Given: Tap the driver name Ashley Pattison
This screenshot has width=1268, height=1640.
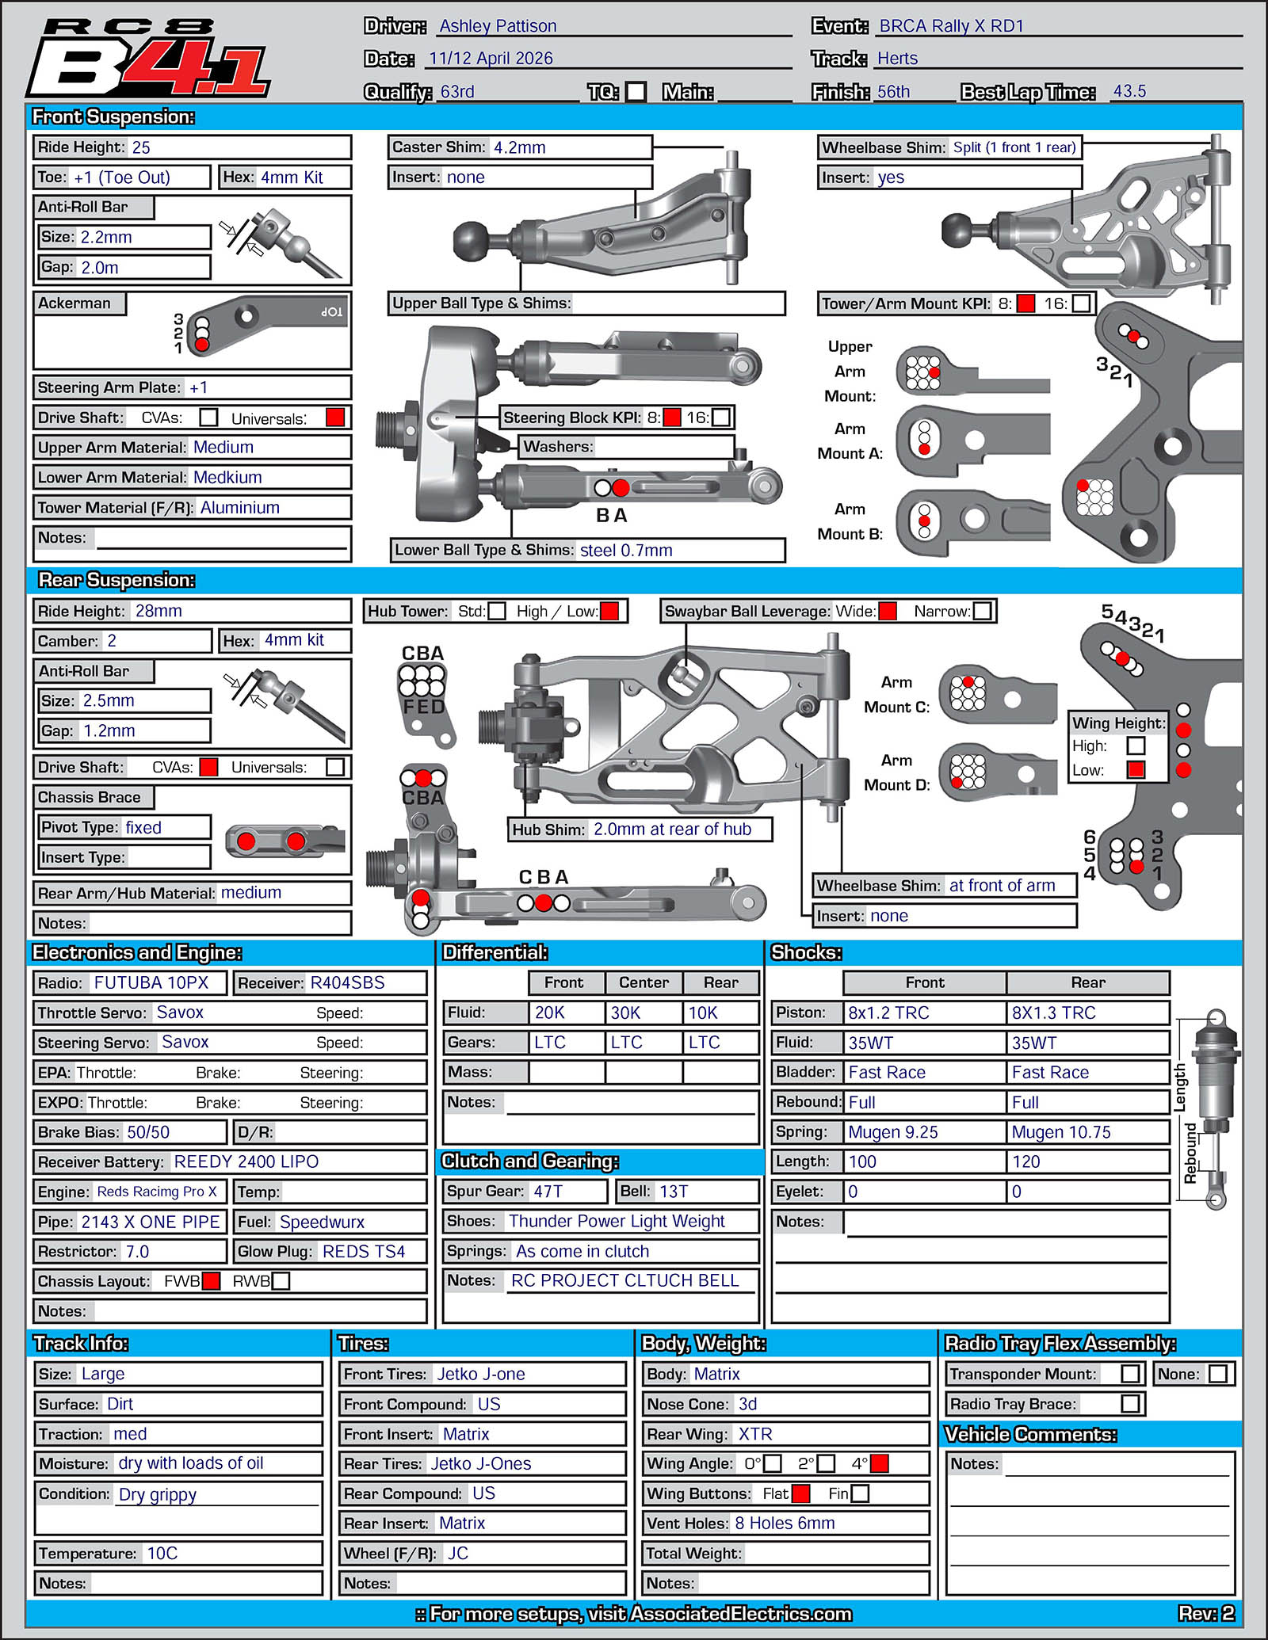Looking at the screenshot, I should (x=498, y=26).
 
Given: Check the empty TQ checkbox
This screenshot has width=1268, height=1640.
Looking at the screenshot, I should (x=636, y=92).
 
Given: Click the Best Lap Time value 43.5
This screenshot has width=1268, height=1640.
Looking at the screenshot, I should (x=1129, y=91).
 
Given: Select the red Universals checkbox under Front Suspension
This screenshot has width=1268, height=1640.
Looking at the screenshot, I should (x=335, y=418).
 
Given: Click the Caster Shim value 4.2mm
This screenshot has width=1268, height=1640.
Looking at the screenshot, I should (x=519, y=147).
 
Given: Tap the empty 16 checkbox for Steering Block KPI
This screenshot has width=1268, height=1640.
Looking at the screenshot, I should (x=721, y=417).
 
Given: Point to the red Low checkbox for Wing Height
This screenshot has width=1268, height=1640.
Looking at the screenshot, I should (x=1136, y=769).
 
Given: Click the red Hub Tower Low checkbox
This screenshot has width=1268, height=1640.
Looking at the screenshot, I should (x=609, y=611).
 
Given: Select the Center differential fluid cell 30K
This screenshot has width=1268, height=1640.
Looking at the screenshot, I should (x=625, y=1013).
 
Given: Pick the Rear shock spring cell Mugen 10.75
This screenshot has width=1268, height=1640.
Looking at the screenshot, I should (x=1061, y=1132).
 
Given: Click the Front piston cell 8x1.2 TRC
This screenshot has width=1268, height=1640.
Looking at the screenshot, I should (x=888, y=1013).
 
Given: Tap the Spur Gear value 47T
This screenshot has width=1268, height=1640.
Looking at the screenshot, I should (x=548, y=1192).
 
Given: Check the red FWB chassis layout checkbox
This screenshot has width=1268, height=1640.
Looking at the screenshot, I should (x=211, y=1281).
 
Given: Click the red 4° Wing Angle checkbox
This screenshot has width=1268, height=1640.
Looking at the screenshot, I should (x=879, y=1463).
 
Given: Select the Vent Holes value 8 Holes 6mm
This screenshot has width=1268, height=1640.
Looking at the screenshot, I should (x=785, y=1523).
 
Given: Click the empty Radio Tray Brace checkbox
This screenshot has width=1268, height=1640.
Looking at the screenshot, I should (x=1131, y=1404).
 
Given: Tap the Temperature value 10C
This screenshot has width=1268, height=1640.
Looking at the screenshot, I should (x=162, y=1553).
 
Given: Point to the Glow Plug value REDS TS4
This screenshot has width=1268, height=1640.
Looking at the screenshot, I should (x=363, y=1252).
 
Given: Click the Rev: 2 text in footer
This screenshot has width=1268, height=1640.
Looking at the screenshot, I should (x=1205, y=1613).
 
